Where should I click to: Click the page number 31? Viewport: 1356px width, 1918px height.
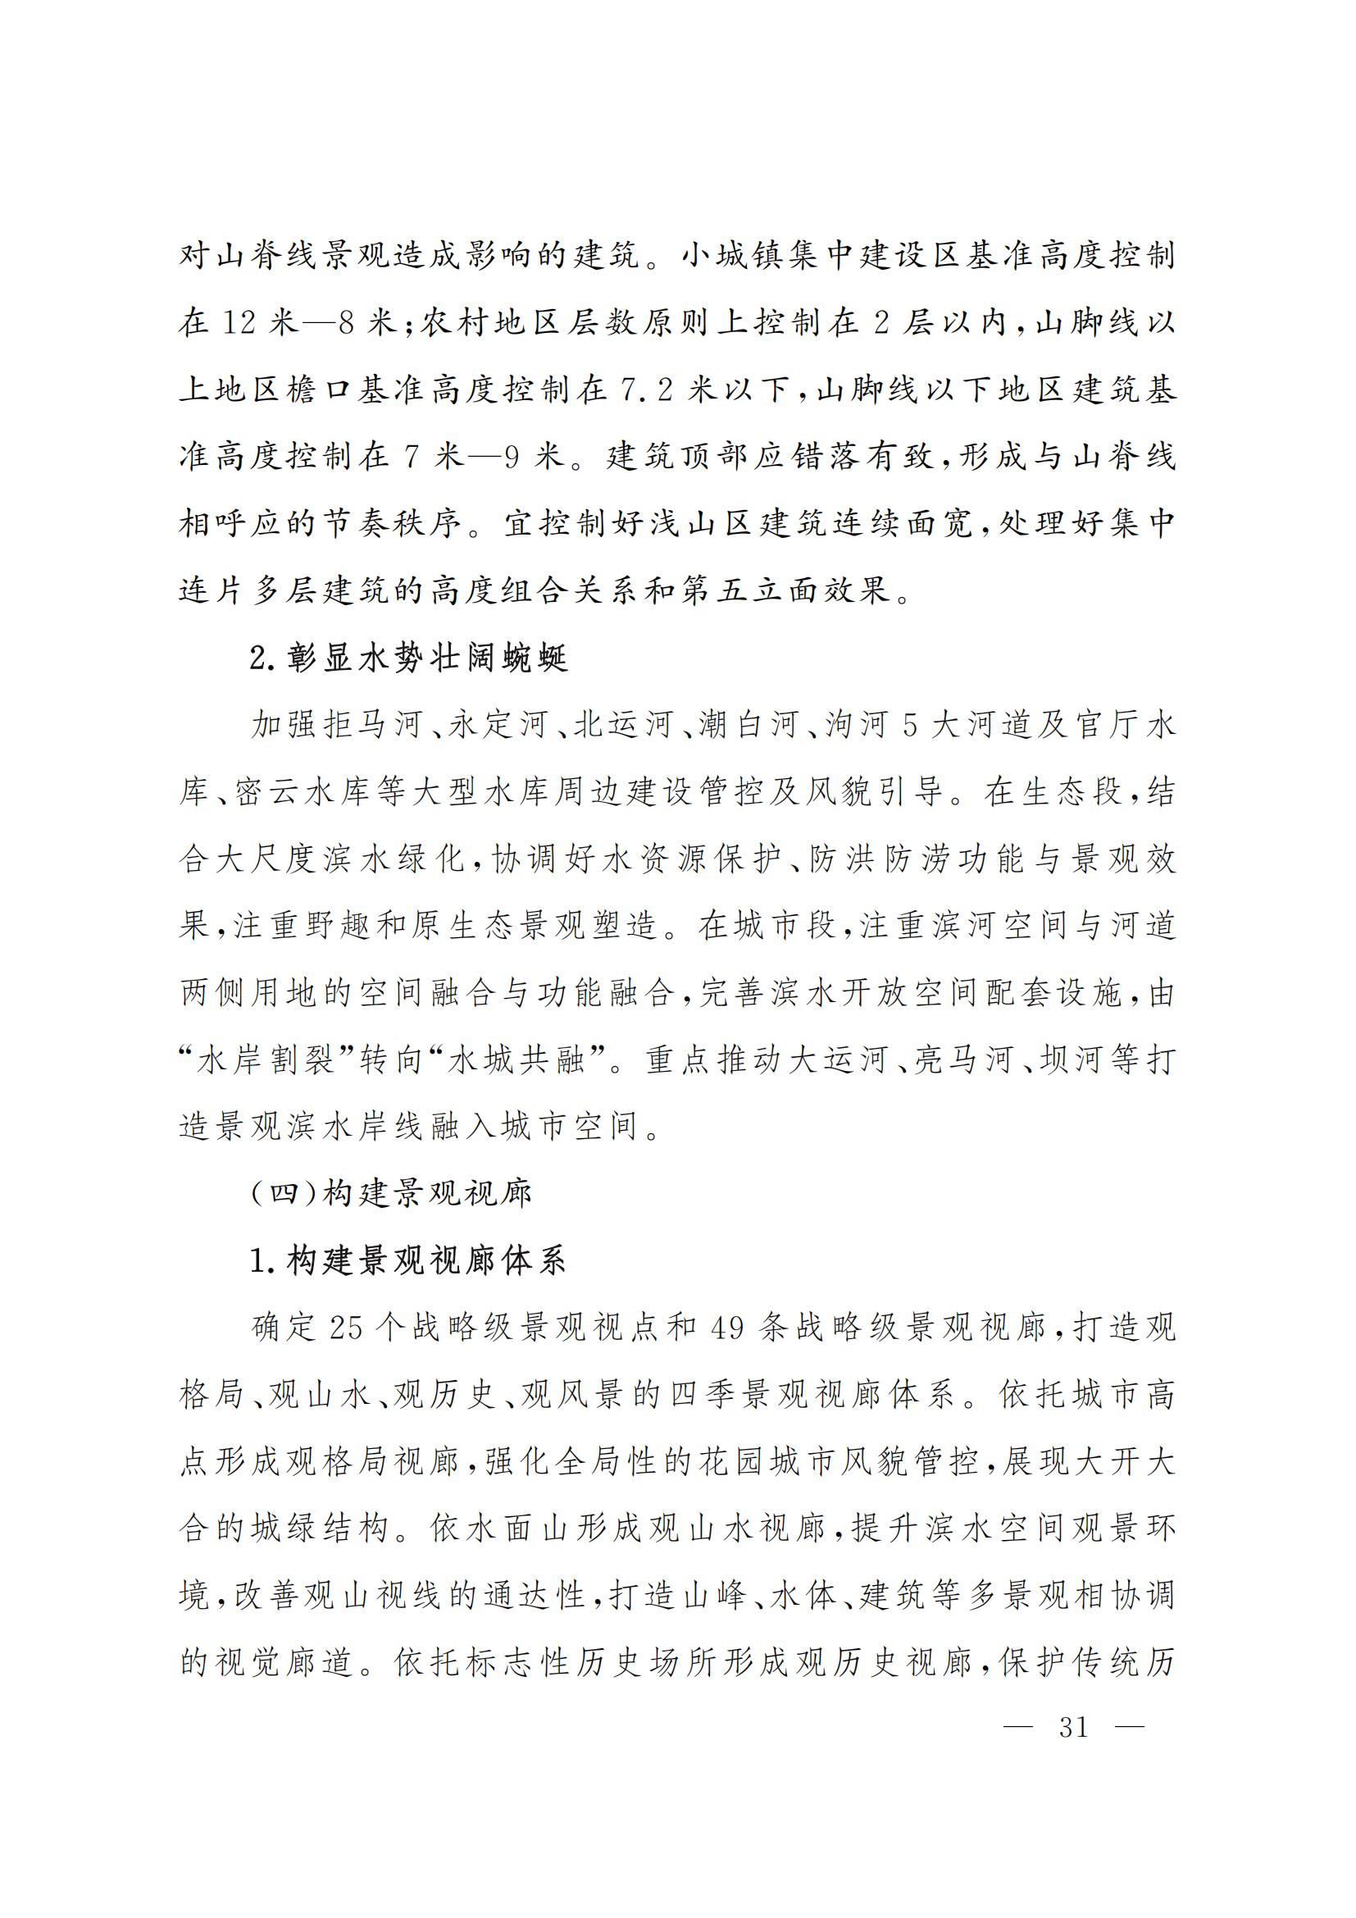click(x=1074, y=1726)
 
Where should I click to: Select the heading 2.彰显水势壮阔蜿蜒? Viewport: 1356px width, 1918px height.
click(x=408, y=659)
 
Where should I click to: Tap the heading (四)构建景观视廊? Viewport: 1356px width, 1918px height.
click(x=391, y=1194)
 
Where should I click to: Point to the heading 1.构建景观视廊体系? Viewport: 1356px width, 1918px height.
click(x=408, y=1260)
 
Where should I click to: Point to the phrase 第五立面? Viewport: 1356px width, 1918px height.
click(x=751, y=591)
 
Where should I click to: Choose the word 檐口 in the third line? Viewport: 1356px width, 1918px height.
click(x=318, y=390)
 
